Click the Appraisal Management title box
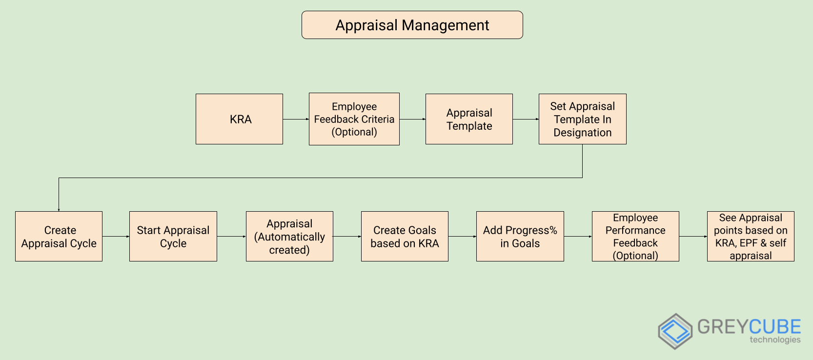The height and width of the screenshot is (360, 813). pos(412,25)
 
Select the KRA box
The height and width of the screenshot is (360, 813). pos(239,119)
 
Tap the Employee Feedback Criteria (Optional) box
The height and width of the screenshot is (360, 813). pos(354,119)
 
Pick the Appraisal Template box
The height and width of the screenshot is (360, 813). pos(469,119)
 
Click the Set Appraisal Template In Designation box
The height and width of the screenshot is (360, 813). pos(582,119)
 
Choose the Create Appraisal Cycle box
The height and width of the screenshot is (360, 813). pos(59,237)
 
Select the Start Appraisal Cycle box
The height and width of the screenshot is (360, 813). pos(173,237)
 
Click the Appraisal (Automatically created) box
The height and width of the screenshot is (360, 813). pos(289,237)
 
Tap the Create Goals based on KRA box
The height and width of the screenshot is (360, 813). pos(405,237)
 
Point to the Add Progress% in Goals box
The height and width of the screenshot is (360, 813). pos(520,237)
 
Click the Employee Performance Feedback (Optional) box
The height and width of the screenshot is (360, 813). pos(635,237)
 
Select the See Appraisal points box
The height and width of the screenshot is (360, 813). pos(751,237)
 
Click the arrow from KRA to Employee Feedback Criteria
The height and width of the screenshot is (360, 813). pos(296,119)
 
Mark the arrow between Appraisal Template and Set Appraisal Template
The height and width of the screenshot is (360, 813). pos(526,119)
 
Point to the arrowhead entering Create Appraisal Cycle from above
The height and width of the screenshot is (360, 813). pos(59,209)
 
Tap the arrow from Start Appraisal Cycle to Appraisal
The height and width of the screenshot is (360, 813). pos(231,237)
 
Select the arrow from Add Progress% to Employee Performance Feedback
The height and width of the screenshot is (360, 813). pos(578,237)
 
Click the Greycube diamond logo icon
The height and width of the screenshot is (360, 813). pos(675,331)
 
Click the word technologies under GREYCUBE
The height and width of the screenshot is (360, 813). pos(775,340)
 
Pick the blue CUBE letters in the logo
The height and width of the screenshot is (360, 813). pos(775,326)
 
